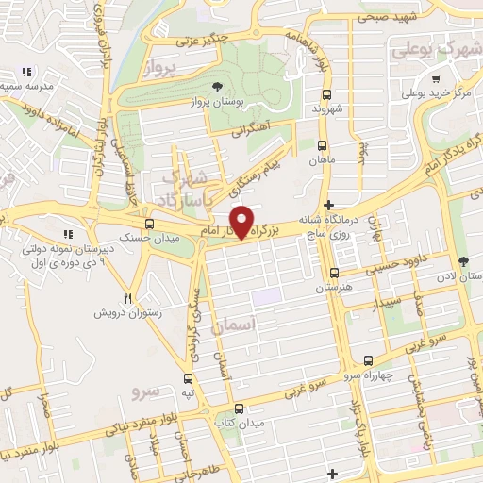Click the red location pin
point(243,222)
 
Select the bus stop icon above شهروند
point(326,95)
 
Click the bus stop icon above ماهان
point(322,146)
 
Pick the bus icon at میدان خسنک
point(149,223)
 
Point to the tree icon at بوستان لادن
point(462,262)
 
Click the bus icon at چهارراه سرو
point(367,361)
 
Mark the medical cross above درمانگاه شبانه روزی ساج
point(328,206)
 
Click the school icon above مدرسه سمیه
point(27,72)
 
